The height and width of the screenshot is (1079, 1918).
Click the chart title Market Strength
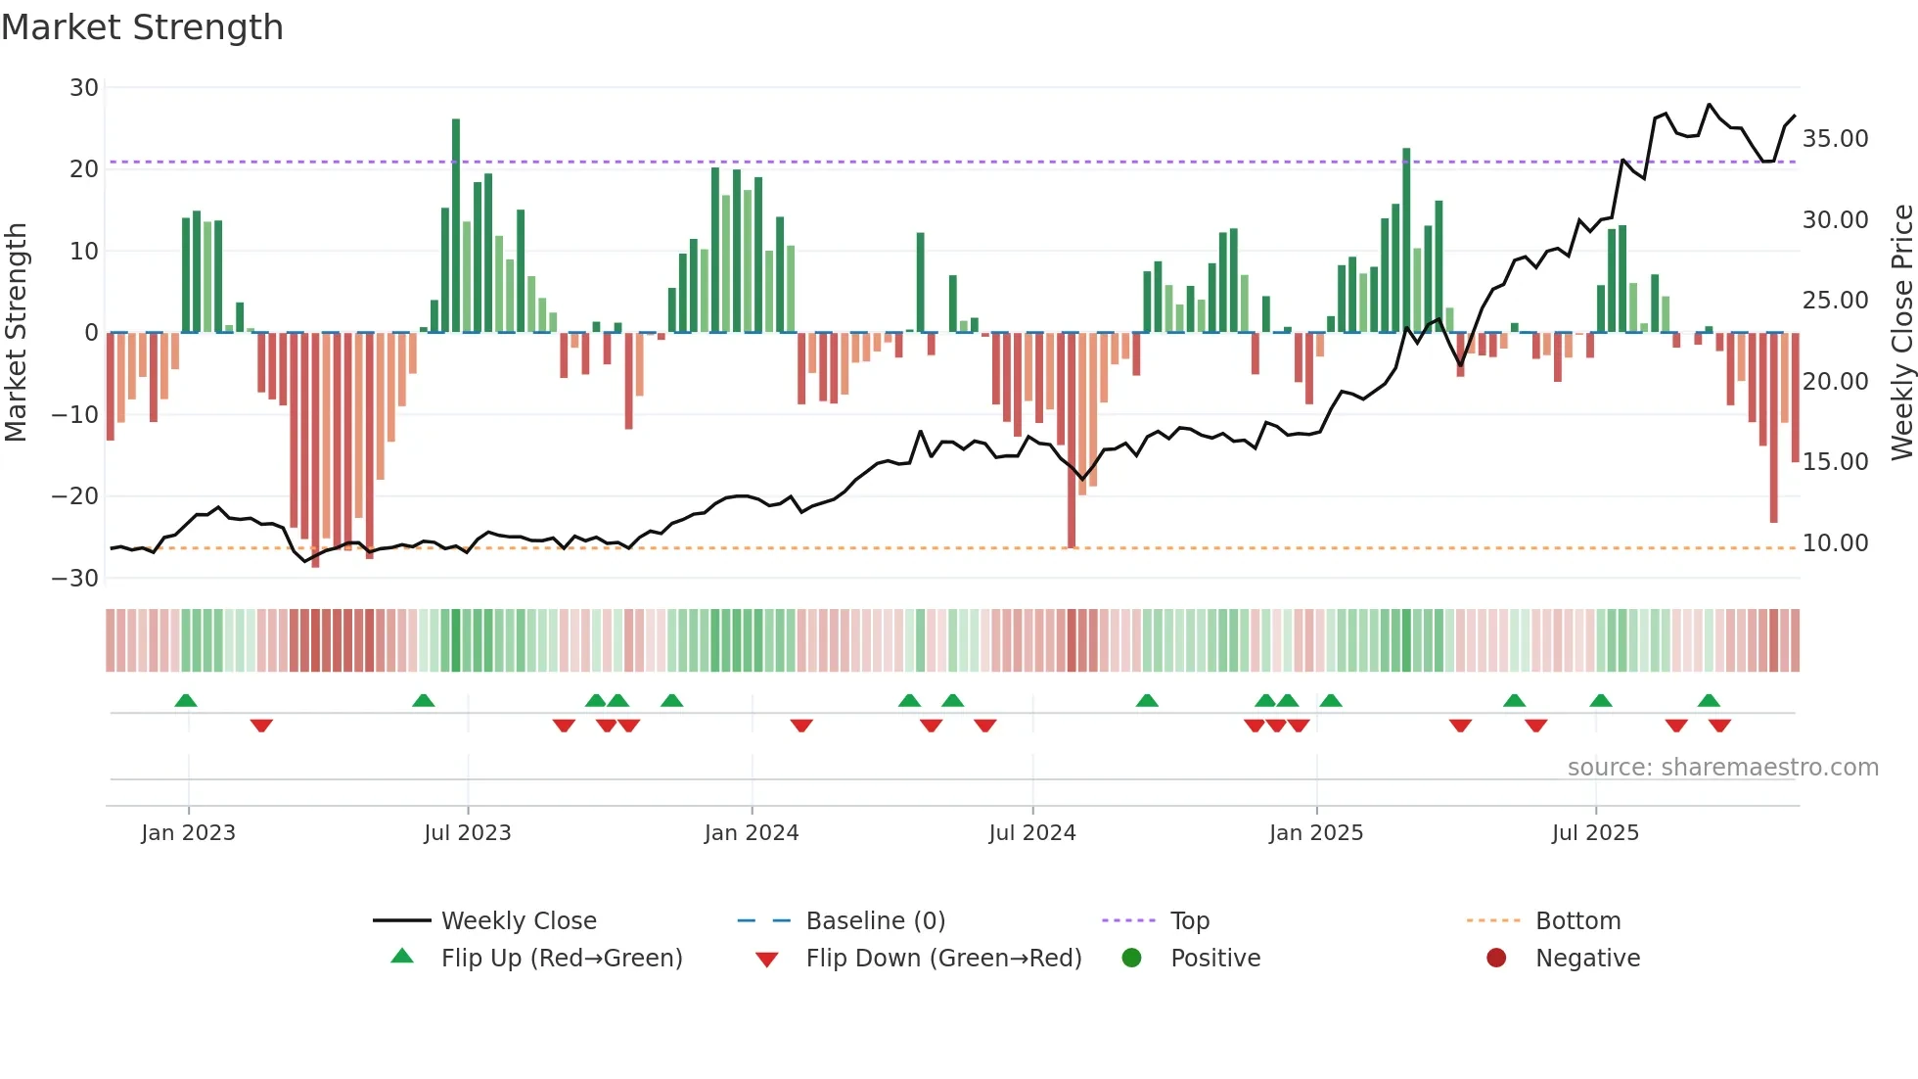[142, 27]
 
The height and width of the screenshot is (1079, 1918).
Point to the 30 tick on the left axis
[84, 88]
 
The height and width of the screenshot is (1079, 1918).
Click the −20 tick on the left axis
[75, 496]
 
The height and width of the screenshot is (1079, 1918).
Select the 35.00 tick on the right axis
[1835, 139]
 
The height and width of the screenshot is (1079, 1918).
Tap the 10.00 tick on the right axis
[1835, 543]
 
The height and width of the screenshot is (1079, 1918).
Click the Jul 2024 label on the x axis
[1031, 833]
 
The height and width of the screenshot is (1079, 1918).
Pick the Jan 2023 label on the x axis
[188, 833]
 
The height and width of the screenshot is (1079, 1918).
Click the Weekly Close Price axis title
[1901, 333]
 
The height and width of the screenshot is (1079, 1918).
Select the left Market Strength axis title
[16, 333]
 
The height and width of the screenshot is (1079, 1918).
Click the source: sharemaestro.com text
[1722, 768]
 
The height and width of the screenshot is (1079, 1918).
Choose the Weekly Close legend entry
[518, 921]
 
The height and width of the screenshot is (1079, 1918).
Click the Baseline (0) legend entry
[875, 921]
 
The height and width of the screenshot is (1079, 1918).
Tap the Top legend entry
[1189, 921]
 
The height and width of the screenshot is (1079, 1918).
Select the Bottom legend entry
[1577, 921]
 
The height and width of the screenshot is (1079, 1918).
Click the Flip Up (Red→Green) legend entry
[561, 959]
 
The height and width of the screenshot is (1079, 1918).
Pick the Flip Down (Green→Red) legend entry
[943, 959]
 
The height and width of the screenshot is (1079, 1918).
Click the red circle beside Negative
[1495, 959]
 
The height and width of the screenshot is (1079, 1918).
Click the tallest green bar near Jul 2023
[456, 225]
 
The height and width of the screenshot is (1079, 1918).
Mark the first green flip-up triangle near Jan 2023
[185, 700]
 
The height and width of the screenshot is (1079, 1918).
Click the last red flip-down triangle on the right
[1719, 726]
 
